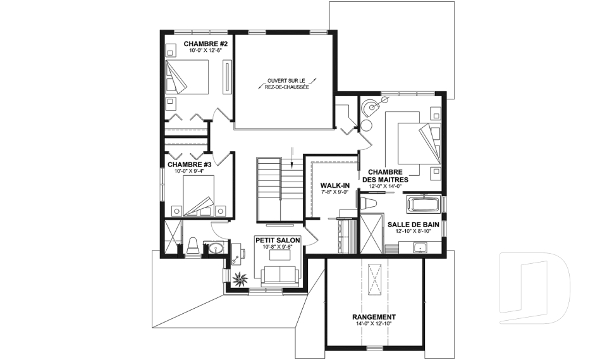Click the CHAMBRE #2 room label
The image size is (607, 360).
(x=202, y=44)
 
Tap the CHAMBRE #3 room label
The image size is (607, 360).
(x=184, y=164)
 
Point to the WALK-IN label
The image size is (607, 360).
(x=335, y=185)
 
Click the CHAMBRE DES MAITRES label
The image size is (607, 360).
(x=385, y=175)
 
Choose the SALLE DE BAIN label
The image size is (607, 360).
(x=413, y=225)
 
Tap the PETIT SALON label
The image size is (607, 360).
(x=278, y=240)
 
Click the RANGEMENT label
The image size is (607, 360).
(x=374, y=316)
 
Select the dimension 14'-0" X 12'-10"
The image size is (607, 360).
(x=374, y=323)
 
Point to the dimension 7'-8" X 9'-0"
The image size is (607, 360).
(x=335, y=192)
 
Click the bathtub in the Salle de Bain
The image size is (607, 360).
(x=423, y=204)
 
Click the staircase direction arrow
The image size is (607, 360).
(x=292, y=157)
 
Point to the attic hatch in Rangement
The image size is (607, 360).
(x=374, y=278)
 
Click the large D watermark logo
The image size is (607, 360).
(x=536, y=287)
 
